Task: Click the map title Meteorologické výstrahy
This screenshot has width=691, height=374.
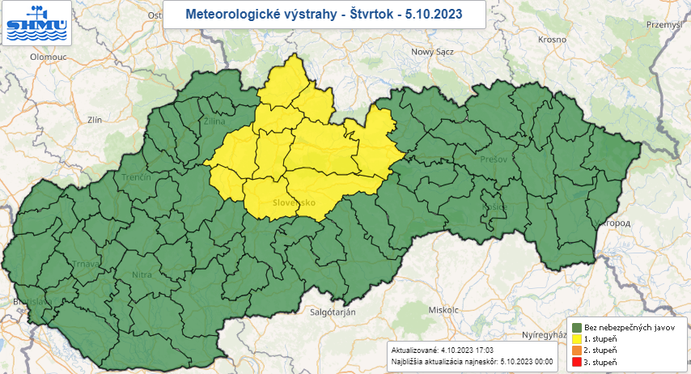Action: point(324,15)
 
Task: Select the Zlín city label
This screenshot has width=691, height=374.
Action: point(95,119)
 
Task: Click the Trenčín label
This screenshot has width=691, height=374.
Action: point(137,176)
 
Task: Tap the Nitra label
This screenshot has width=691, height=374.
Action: point(142,275)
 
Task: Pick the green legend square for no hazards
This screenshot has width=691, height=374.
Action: point(576,326)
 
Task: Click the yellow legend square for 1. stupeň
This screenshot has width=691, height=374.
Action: point(576,338)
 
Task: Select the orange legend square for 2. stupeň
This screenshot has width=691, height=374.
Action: point(576,351)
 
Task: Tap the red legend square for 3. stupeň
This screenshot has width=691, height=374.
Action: point(576,363)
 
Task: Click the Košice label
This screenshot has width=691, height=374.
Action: point(493,206)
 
